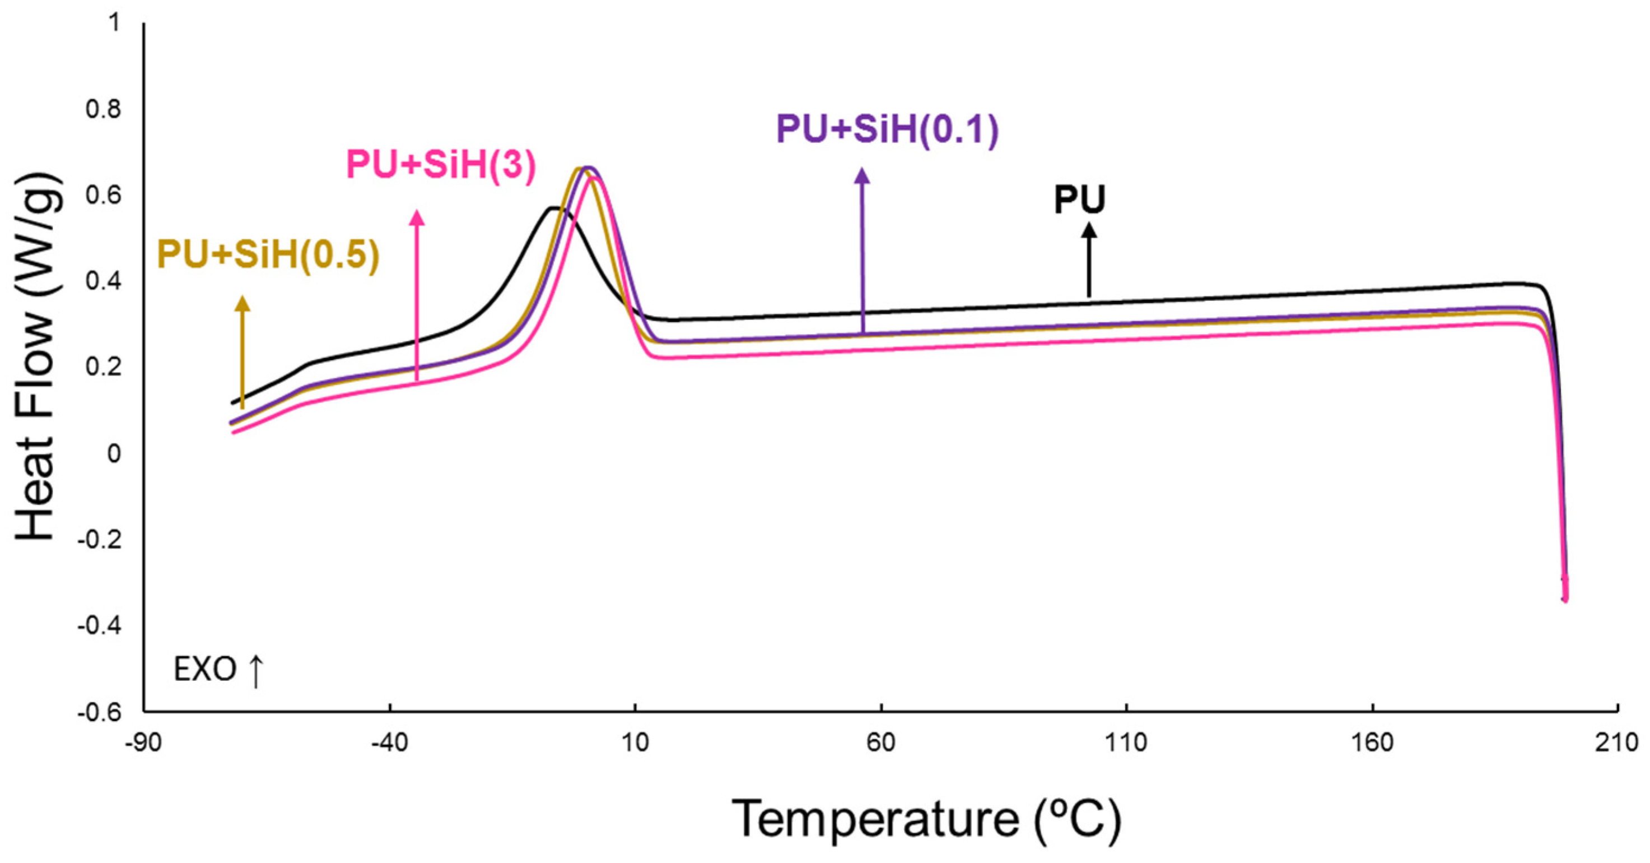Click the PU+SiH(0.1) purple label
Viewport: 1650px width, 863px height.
tap(887, 130)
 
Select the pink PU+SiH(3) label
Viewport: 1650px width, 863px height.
tap(441, 165)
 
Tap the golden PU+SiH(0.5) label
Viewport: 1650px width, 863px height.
tap(268, 255)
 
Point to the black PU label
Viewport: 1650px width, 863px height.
tap(1080, 201)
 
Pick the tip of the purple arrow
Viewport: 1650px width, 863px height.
tap(863, 175)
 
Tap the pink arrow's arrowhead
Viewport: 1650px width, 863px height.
tap(417, 218)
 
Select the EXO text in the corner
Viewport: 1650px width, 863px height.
tap(206, 670)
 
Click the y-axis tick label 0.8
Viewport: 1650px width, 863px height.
tap(103, 110)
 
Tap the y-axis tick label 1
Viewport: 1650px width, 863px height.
tap(115, 24)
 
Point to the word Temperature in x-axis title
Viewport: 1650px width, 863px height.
tap(874, 819)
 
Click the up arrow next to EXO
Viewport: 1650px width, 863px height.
tap(255, 670)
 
